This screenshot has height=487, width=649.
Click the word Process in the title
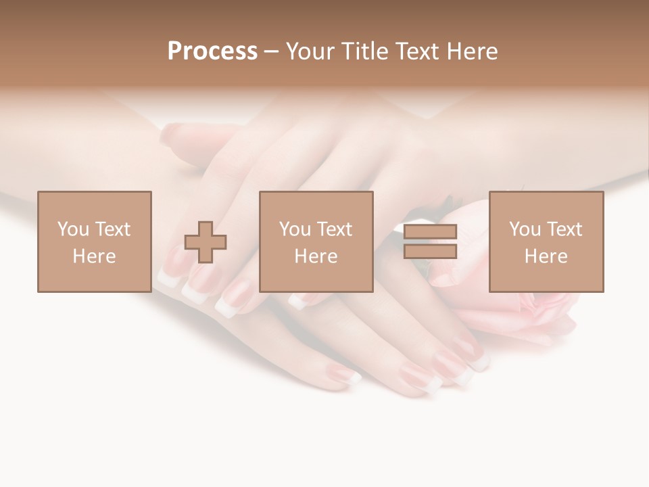(x=212, y=51)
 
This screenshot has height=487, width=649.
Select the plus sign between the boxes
(x=206, y=242)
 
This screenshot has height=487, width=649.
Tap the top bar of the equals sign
(x=430, y=231)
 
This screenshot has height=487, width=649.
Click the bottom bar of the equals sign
(x=430, y=251)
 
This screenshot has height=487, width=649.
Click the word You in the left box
(x=72, y=229)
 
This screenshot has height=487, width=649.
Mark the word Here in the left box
(x=94, y=256)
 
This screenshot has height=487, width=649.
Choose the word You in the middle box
(x=295, y=229)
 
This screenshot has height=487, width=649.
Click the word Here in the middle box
(x=316, y=256)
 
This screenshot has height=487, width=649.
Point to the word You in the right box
(x=525, y=229)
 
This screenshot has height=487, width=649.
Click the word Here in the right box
(x=546, y=256)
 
